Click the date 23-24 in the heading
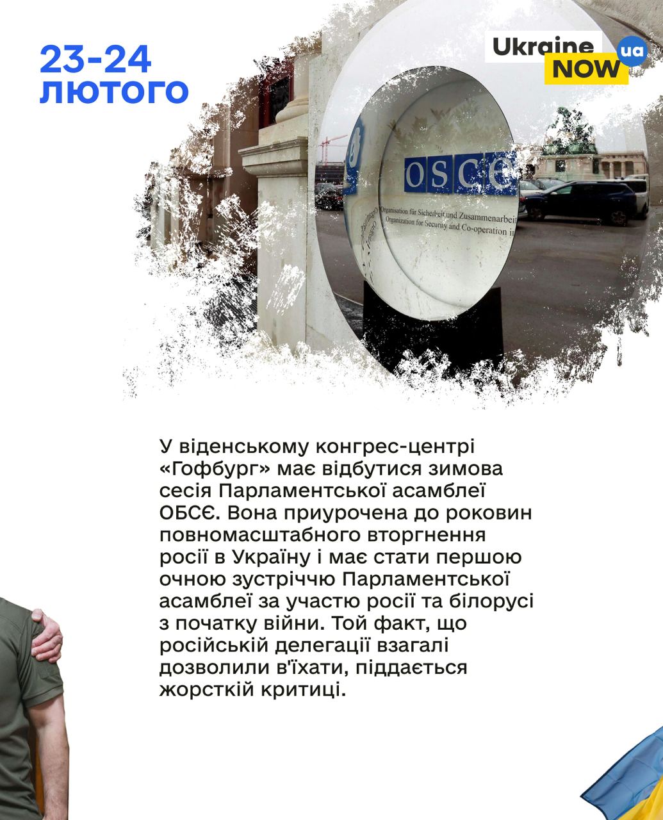point(95,60)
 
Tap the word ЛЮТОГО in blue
point(114,92)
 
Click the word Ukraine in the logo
point(543,47)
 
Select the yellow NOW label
point(586,69)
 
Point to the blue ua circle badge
point(632,51)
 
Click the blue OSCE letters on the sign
point(460,174)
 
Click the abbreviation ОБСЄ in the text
point(189,514)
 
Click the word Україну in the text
point(271,558)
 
